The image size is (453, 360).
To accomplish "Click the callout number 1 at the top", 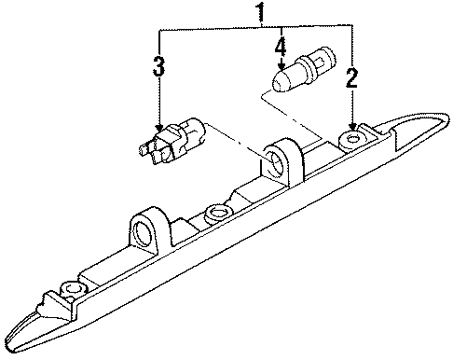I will point(259,14).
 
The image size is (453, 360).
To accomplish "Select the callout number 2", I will point(351,78).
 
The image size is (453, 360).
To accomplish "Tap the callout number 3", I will point(159,67).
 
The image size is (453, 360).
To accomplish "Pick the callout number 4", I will point(280,44).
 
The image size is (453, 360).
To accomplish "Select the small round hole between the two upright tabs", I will point(215,212).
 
